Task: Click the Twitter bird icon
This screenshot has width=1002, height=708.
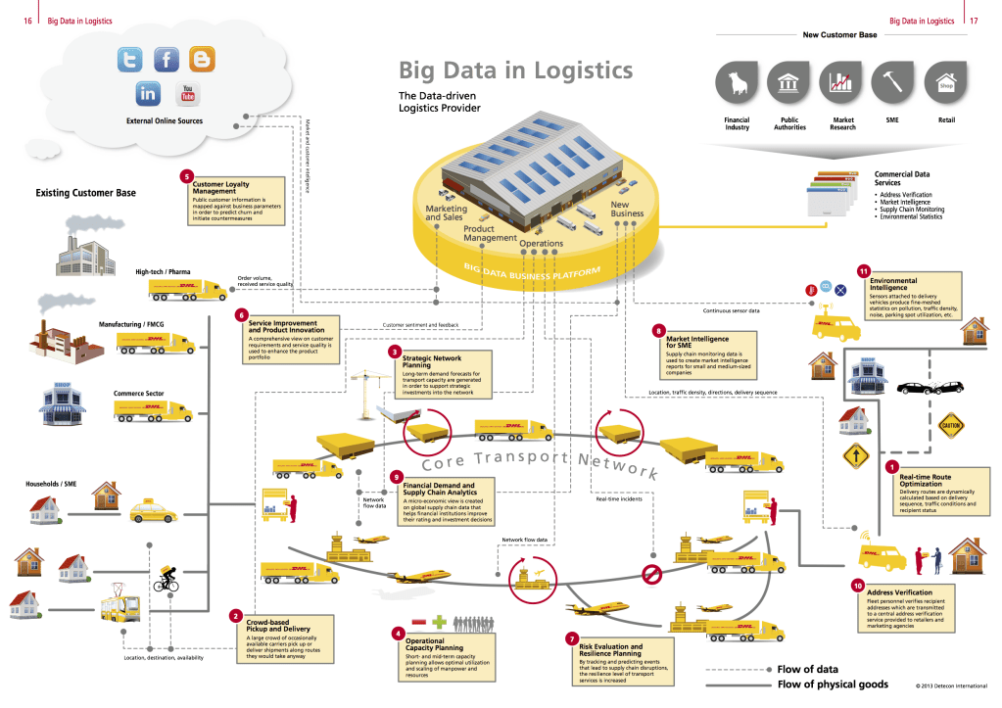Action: (129, 60)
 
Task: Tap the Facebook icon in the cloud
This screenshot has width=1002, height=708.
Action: (167, 60)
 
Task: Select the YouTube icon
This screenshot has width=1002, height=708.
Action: (186, 94)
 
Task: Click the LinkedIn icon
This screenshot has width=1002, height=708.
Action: (148, 94)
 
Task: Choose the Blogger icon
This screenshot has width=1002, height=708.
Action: (203, 60)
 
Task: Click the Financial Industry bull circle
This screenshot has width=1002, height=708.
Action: (736, 81)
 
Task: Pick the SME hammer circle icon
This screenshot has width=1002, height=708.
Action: (892, 81)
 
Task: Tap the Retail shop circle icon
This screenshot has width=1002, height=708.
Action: (945, 81)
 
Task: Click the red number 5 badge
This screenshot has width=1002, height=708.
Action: (186, 177)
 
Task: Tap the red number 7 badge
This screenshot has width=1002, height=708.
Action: (572, 637)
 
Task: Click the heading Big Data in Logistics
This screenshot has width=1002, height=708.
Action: (515, 71)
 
